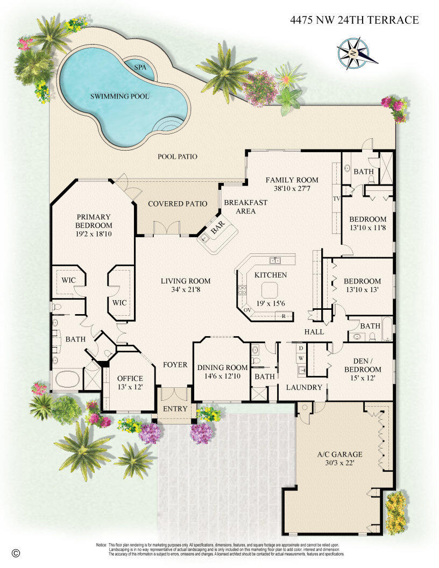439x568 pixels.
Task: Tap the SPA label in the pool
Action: (x=140, y=68)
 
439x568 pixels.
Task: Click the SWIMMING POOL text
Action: (x=119, y=97)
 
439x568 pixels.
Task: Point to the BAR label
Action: (x=217, y=231)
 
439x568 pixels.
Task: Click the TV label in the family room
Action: (x=337, y=198)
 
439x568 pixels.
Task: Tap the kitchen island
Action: (x=270, y=290)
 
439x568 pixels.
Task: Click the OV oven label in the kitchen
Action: (x=248, y=310)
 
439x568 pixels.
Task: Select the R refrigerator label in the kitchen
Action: (x=284, y=316)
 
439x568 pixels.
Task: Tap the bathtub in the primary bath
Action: (x=67, y=379)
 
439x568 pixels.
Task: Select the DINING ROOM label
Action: (x=222, y=368)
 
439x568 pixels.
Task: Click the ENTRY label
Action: (x=175, y=409)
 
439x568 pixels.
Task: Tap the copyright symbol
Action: (x=16, y=552)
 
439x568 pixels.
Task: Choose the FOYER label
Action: (x=175, y=365)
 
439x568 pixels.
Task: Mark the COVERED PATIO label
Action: (x=178, y=204)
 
